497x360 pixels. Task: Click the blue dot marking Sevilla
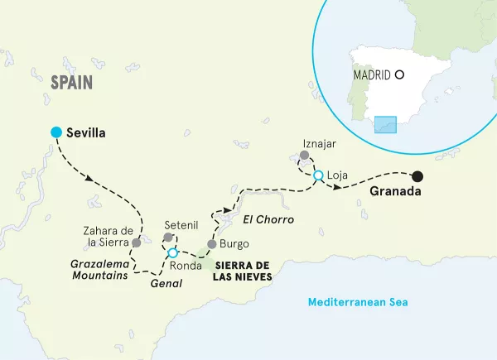(55, 132)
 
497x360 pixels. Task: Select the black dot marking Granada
(418, 175)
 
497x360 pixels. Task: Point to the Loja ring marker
(317, 175)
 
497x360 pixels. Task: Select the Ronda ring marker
(172, 252)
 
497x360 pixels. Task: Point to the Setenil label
(181, 223)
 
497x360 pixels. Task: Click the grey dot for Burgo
(211, 244)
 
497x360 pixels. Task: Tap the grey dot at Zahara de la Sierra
(136, 242)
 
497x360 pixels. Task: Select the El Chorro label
(265, 218)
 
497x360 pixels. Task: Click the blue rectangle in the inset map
(388, 124)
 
